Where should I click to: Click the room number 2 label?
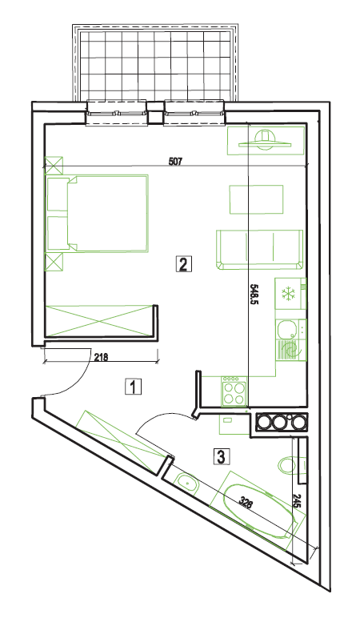click(182, 264)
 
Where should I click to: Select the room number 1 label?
click(134, 387)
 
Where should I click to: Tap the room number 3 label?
click(222, 456)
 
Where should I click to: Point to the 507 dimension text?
click(175, 162)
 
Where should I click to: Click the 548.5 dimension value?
click(253, 295)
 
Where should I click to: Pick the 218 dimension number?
click(101, 358)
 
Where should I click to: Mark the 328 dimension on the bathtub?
click(246, 502)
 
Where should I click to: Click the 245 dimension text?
click(297, 501)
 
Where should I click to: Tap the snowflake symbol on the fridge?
click(287, 294)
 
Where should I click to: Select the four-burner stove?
click(234, 391)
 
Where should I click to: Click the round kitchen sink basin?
click(286, 328)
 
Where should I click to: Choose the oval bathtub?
click(258, 511)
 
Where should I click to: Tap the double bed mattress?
click(108, 214)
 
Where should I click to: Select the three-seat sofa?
click(259, 249)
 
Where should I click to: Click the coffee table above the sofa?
click(256, 199)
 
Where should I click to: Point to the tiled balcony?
click(156, 64)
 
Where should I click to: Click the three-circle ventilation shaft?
click(282, 422)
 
